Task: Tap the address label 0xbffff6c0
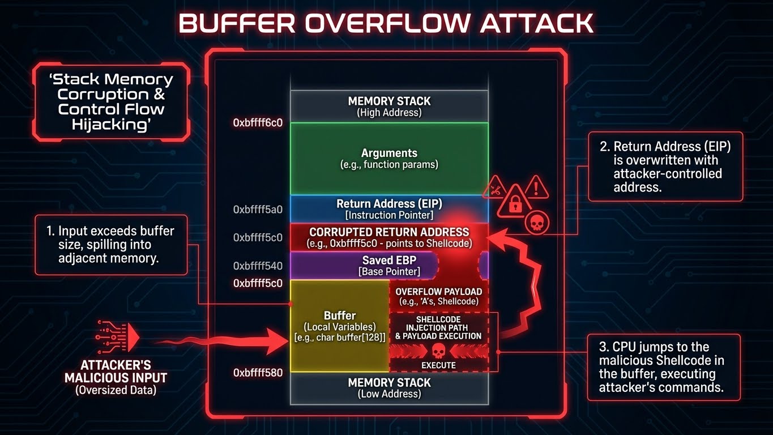tap(258, 122)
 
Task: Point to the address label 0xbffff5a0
tap(258, 210)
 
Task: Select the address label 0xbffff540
tap(258, 266)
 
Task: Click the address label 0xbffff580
tap(258, 373)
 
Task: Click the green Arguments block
tap(389, 159)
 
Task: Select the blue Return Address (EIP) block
tap(389, 209)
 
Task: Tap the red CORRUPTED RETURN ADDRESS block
tap(389, 237)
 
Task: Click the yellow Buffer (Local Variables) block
tap(339, 326)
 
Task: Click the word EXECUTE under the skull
tap(438, 365)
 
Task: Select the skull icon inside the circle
tap(534, 222)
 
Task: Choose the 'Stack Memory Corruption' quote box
tap(111, 102)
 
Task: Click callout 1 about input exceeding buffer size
tap(111, 245)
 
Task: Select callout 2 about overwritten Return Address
tap(665, 167)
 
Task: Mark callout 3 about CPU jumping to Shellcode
tap(663, 367)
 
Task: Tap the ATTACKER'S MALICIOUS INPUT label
tap(116, 377)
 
